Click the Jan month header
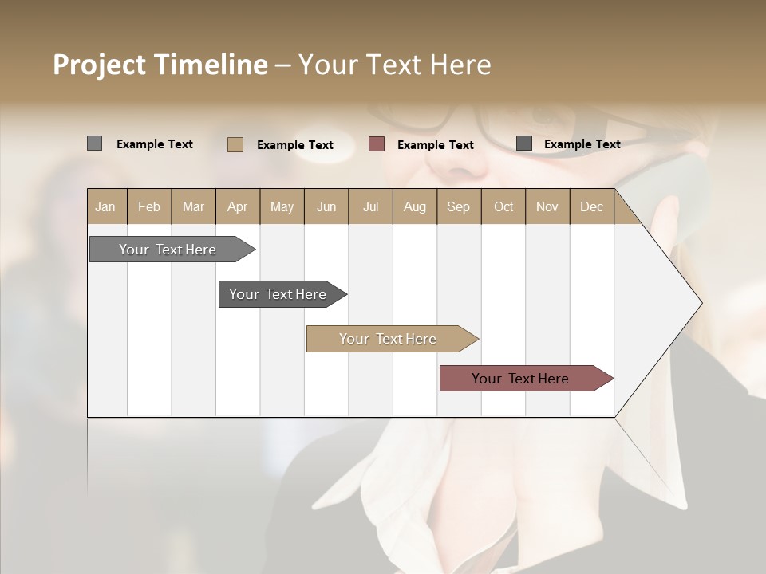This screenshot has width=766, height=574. click(106, 207)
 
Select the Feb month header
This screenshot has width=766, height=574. click(149, 207)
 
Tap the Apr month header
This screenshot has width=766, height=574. click(238, 207)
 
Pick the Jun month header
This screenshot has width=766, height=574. click(326, 207)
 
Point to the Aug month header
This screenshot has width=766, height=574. click(415, 207)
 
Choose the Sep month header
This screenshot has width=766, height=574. click(459, 207)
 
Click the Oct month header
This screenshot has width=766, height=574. click(503, 207)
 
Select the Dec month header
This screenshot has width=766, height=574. click(592, 207)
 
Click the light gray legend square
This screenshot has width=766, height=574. click(94, 143)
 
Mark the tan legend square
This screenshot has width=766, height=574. click(235, 144)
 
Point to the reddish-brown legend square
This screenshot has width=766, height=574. click(377, 144)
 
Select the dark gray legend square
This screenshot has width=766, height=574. click(524, 143)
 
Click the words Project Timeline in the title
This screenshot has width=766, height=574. click(160, 65)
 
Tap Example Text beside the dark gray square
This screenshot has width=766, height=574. click(582, 144)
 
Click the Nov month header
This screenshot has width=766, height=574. click(547, 207)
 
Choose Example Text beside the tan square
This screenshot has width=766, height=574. click(294, 145)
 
